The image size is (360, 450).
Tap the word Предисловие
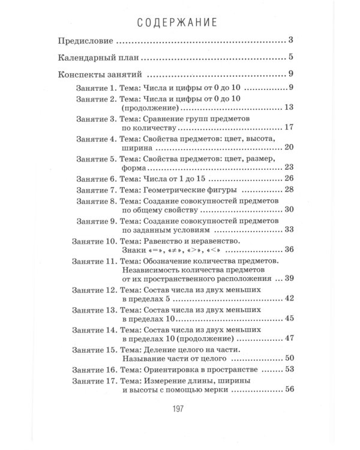coord(86,43)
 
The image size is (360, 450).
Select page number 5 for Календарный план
coord(290,59)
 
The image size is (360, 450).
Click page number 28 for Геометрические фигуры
coord(288,190)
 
